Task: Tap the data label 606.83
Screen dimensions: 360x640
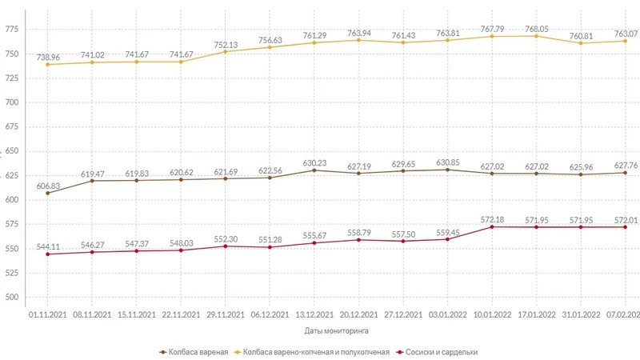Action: tap(48, 186)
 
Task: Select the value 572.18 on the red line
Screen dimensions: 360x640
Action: tap(492, 218)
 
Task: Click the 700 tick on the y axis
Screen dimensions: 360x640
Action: tap(11, 102)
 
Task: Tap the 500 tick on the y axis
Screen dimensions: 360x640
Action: tap(11, 297)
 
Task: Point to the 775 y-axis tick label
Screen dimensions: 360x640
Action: tap(11, 30)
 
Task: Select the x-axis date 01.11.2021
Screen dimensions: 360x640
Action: tap(48, 315)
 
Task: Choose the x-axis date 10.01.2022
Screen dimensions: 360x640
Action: tap(492, 315)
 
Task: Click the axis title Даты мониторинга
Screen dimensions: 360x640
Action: tap(335, 330)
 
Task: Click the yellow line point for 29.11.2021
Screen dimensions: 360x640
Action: tap(226, 52)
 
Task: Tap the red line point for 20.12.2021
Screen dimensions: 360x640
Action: tap(358, 240)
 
